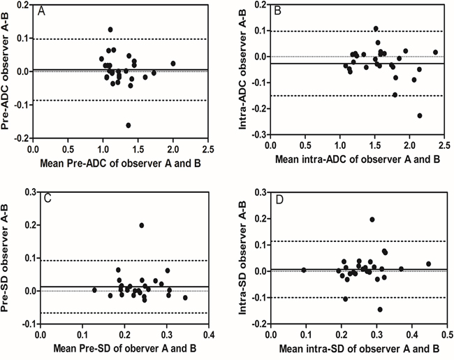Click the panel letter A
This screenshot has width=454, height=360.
click(x=42, y=12)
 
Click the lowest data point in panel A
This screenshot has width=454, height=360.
click(x=129, y=125)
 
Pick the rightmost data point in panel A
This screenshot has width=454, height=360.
click(x=173, y=63)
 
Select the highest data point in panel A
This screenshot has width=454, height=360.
click(x=110, y=29)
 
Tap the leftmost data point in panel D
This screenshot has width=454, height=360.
click(x=304, y=269)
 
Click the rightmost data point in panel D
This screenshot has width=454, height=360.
click(x=428, y=264)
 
